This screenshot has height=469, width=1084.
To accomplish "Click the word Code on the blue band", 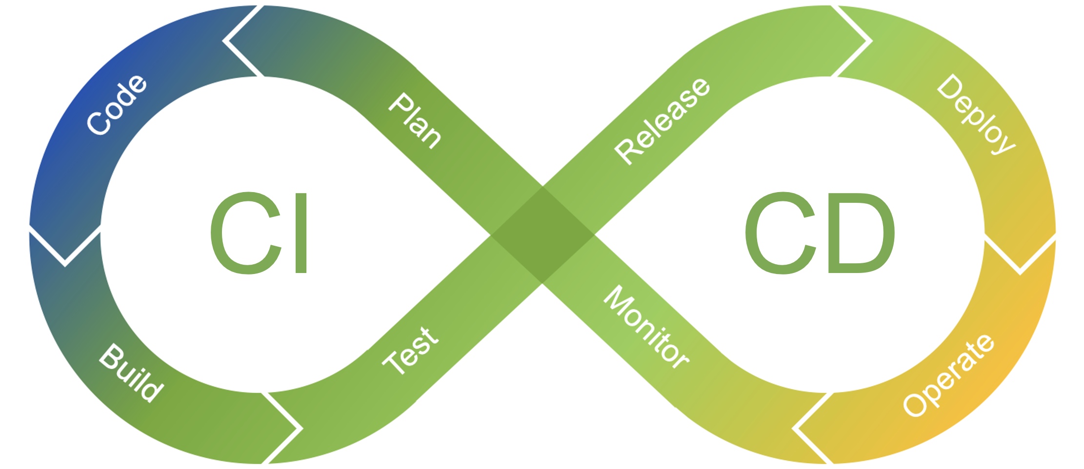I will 116,105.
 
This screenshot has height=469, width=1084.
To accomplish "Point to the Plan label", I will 415,120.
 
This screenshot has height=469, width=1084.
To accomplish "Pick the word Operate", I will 948,375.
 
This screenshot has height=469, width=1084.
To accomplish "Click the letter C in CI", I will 246,233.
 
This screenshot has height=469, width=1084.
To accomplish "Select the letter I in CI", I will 301,233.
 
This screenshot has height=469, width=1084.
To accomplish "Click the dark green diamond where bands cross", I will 542,235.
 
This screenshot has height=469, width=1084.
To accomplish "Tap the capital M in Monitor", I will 616,298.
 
